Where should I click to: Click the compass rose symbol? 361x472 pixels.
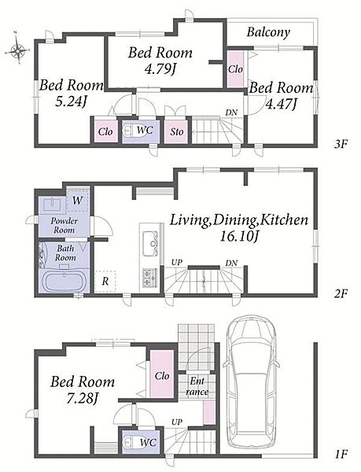pyautogui.click(x=18, y=50)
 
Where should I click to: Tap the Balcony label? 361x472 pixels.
pyautogui.click(x=268, y=32)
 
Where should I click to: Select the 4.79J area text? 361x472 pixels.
pyautogui.click(x=160, y=70)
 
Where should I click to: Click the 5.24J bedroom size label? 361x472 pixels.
pyautogui.click(x=71, y=102)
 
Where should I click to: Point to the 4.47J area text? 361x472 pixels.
pyautogui.click(x=281, y=104)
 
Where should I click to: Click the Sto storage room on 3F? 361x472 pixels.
pyautogui.click(x=177, y=131)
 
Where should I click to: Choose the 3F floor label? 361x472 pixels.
pyautogui.click(x=341, y=144)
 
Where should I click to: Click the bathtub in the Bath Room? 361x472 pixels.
pyautogui.click(x=64, y=282)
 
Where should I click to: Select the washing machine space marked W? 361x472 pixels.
pyautogui.click(x=78, y=200)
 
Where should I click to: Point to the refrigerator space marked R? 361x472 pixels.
pyautogui.click(x=105, y=282)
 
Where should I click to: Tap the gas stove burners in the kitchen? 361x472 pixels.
pyautogui.click(x=149, y=277)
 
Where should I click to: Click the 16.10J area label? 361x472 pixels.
pyautogui.click(x=239, y=237)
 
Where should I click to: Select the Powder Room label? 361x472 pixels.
pyautogui.click(x=64, y=225)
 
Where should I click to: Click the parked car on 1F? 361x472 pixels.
pyautogui.click(x=251, y=382)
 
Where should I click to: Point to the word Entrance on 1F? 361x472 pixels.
pyautogui.click(x=197, y=386)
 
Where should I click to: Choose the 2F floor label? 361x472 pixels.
pyautogui.click(x=341, y=293)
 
